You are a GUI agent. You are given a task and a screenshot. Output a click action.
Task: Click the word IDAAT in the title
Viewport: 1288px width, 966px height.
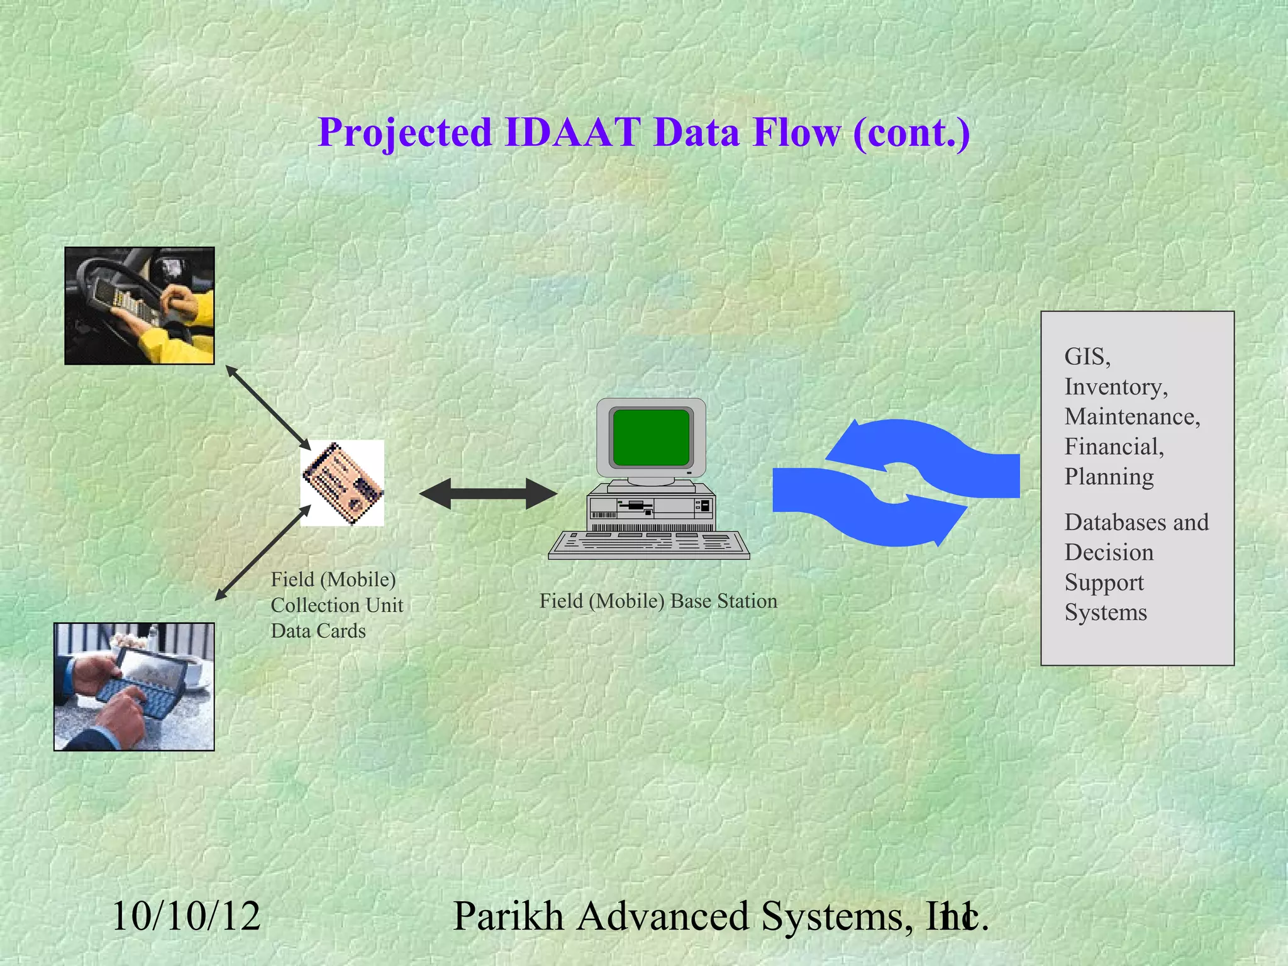pyautogui.click(x=572, y=133)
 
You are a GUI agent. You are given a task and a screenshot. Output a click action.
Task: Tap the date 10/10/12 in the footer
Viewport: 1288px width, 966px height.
pyautogui.click(x=186, y=916)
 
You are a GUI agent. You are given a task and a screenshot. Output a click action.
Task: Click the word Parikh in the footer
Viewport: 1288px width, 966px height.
pyautogui.click(x=508, y=916)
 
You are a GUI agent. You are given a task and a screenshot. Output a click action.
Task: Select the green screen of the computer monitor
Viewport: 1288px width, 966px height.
pyautogui.click(x=651, y=437)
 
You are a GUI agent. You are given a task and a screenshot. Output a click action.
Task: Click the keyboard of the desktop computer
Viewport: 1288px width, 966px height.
pyautogui.click(x=649, y=545)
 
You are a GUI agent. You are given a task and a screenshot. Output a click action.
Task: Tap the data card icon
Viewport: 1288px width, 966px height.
pyautogui.click(x=343, y=483)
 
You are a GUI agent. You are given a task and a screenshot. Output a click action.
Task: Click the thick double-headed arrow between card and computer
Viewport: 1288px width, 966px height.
pyautogui.click(x=488, y=494)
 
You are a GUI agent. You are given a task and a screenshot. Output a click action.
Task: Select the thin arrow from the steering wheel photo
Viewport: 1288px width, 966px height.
pyautogui.click(x=269, y=407)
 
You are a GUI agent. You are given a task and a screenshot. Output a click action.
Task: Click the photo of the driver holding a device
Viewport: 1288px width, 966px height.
pyautogui.click(x=140, y=306)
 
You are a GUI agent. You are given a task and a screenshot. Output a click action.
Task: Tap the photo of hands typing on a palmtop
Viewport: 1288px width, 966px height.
pyautogui.click(x=134, y=687)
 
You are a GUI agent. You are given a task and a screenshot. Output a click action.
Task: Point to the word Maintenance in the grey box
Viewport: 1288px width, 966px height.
pyautogui.click(x=1132, y=417)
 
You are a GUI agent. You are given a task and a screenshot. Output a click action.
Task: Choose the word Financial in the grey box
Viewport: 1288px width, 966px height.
pyautogui.click(x=1114, y=447)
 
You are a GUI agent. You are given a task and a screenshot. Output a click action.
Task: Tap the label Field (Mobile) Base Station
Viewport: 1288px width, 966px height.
pyautogui.click(x=658, y=601)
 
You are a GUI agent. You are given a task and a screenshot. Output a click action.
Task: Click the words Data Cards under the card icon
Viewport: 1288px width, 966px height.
pyautogui.click(x=318, y=631)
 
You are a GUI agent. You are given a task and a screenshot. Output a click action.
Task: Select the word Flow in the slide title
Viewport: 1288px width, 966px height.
pyautogui.click(x=796, y=133)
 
